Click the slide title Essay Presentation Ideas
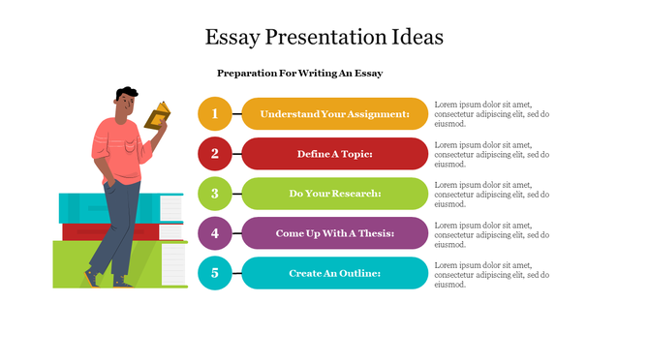click(x=324, y=38)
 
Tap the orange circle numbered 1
click(x=215, y=113)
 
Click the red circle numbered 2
click(x=215, y=153)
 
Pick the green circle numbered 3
click(x=215, y=193)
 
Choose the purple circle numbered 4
click(x=215, y=233)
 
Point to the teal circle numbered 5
click(x=215, y=273)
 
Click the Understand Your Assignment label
click(x=334, y=113)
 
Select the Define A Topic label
click(x=334, y=153)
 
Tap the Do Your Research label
click(x=334, y=193)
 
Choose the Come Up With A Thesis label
click(x=334, y=233)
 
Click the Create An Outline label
click(x=334, y=273)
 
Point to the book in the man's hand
click(x=157, y=116)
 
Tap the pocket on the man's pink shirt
click(x=132, y=148)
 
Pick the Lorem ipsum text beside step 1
click(x=492, y=113)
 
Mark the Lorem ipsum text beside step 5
click(x=492, y=274)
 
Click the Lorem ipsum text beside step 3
click(x=492, y=194)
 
